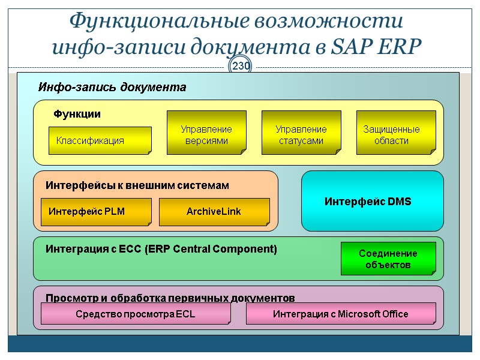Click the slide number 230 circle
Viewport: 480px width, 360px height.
(241, 66)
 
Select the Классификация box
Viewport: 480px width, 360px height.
(100, 140)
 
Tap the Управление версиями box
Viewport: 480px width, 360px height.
(206, 134)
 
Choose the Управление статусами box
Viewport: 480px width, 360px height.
(301, 134)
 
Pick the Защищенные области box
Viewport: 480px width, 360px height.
(393, 134)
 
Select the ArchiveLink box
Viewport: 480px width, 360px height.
(214, 212)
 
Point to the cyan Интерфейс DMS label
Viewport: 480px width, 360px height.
(368, 202)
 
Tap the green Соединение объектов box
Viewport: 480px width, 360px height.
(388, 259)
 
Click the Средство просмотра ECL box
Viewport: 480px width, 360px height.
(136, 314)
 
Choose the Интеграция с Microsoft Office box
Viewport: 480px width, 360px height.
(340, 314)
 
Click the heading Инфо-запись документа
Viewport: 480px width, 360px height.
(112, 88)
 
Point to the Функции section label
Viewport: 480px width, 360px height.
(77, 114)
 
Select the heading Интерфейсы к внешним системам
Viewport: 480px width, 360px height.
(137, 186)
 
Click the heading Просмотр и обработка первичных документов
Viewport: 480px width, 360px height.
(170, 298)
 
